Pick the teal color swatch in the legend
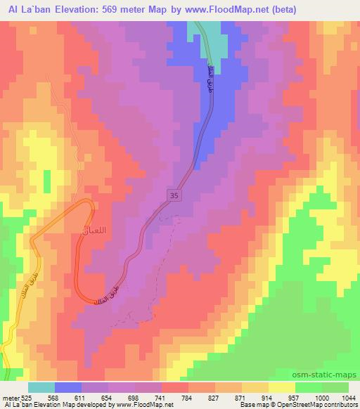coord(41,387)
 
